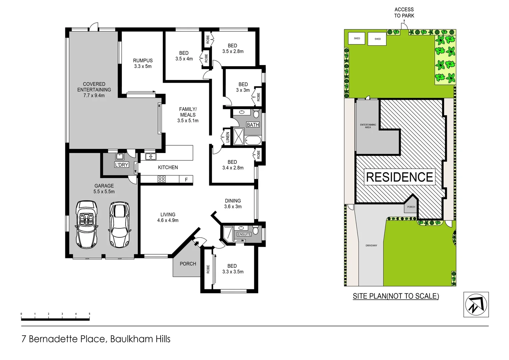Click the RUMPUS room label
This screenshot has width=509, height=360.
click(x=143, y=61)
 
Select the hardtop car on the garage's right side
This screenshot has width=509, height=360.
click(x=119, y=224)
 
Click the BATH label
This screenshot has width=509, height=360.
click(x=253, y=125)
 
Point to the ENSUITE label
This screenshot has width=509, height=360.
click(x=244, y=234)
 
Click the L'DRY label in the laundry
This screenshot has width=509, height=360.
click(x=122, y=165)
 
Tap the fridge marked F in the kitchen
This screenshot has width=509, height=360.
click(x=186, y=180)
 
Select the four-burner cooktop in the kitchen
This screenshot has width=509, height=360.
click(x=162, y=179)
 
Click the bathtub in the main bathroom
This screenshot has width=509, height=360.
click(x=253, y=140)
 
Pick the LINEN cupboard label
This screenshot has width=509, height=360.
click(x=228, y=137)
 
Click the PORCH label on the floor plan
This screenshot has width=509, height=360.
click(x=188, y=264)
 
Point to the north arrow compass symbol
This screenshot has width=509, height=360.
click(x=476, y=304)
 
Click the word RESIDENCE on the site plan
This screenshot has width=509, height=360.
click(x=399, y=177)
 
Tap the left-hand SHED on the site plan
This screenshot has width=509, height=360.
click(x=357, y=38)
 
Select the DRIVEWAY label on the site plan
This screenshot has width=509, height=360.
click(x=371, y=245)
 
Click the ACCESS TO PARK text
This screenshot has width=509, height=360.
click(x=404, y=13)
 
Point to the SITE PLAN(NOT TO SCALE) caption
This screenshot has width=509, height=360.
click(x=396, y=296)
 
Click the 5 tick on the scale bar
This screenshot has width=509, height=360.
click(x=89, y=314)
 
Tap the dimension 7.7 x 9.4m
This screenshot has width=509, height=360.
click(x=94, y=95)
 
